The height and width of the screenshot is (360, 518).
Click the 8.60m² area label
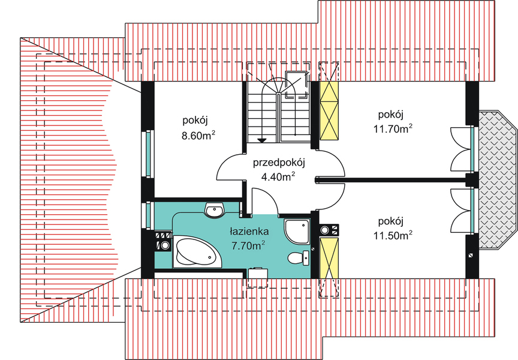pos(198,135)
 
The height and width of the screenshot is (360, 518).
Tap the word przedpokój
pos(279,163)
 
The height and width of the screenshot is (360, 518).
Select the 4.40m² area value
pos(278,176)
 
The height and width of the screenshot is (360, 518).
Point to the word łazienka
pos(249,231)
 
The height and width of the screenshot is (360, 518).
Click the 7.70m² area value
pos(249,245)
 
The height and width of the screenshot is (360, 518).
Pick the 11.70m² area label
pos(393,128)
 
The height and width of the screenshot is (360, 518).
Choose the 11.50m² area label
pos(393,235)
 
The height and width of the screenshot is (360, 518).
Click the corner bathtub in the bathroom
pos(197,251)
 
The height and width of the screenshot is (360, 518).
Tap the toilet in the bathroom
pos(299,257)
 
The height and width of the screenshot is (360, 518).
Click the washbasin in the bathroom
pos(215,210)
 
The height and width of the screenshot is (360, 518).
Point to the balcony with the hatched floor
pos(498,180)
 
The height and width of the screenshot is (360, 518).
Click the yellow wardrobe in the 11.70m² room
pos(329,110)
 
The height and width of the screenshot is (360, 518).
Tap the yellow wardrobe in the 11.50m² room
pos(329,257)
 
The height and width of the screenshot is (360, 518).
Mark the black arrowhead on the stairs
pos(262,140)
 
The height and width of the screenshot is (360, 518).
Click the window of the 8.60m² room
pos(148,154)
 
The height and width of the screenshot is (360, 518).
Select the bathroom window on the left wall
pos(148,215)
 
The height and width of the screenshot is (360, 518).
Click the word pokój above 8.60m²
pos(195,121)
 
